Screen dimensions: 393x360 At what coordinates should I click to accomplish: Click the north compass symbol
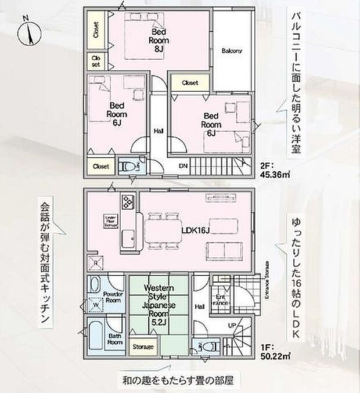pos(27,32)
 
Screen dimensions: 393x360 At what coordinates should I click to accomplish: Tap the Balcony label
pos(232,51)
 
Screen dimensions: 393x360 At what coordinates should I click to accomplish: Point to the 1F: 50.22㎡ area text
pos(274,352)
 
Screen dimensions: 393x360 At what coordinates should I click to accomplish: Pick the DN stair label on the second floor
pos(182,166)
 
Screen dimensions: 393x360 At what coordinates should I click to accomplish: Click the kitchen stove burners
pos(127,201)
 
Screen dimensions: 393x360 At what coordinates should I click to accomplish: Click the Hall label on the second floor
pos(158,131)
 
